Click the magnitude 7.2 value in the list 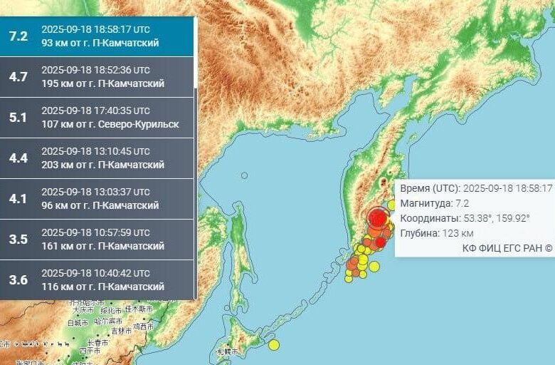(x=18, y=36)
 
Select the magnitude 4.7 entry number (x=18, y=76)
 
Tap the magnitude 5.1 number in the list (x=18, y=117)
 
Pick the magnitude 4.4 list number (x=18, y=158)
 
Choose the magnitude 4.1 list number (x=18, y=198)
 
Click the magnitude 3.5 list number (x=18, y=239)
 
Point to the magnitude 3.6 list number (x=18, y=279)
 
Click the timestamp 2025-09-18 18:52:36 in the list (x=95, y=70)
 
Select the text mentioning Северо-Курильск (x=110, y=124)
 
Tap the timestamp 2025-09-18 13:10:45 (x=95, y=151)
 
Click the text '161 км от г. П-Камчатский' (x=102, y=246)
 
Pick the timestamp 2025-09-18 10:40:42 (x=95, y=273)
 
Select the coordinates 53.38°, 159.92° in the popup (x=465, y=218)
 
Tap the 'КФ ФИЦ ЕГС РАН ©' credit (x=507, y=248)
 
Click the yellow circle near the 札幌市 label (x=274, y=345)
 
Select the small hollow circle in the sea (x=244, y=175)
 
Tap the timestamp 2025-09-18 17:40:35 (x=95, y=110)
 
